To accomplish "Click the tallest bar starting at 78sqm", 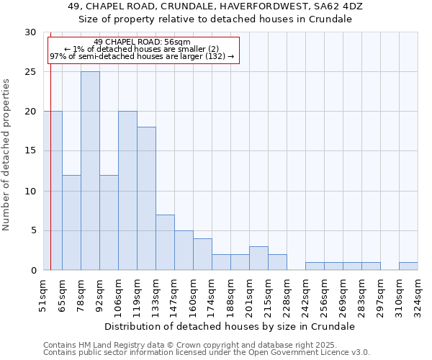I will point(90,171).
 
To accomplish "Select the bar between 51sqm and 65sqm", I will point(53,191).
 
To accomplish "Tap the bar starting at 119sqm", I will point(146,199).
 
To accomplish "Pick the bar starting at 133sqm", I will point(165,242).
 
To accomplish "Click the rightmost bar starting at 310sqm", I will point(408,266).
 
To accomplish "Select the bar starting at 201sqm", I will point(258,258).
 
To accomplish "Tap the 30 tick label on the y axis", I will point(30,32).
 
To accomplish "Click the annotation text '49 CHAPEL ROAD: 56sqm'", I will point(142,42).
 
